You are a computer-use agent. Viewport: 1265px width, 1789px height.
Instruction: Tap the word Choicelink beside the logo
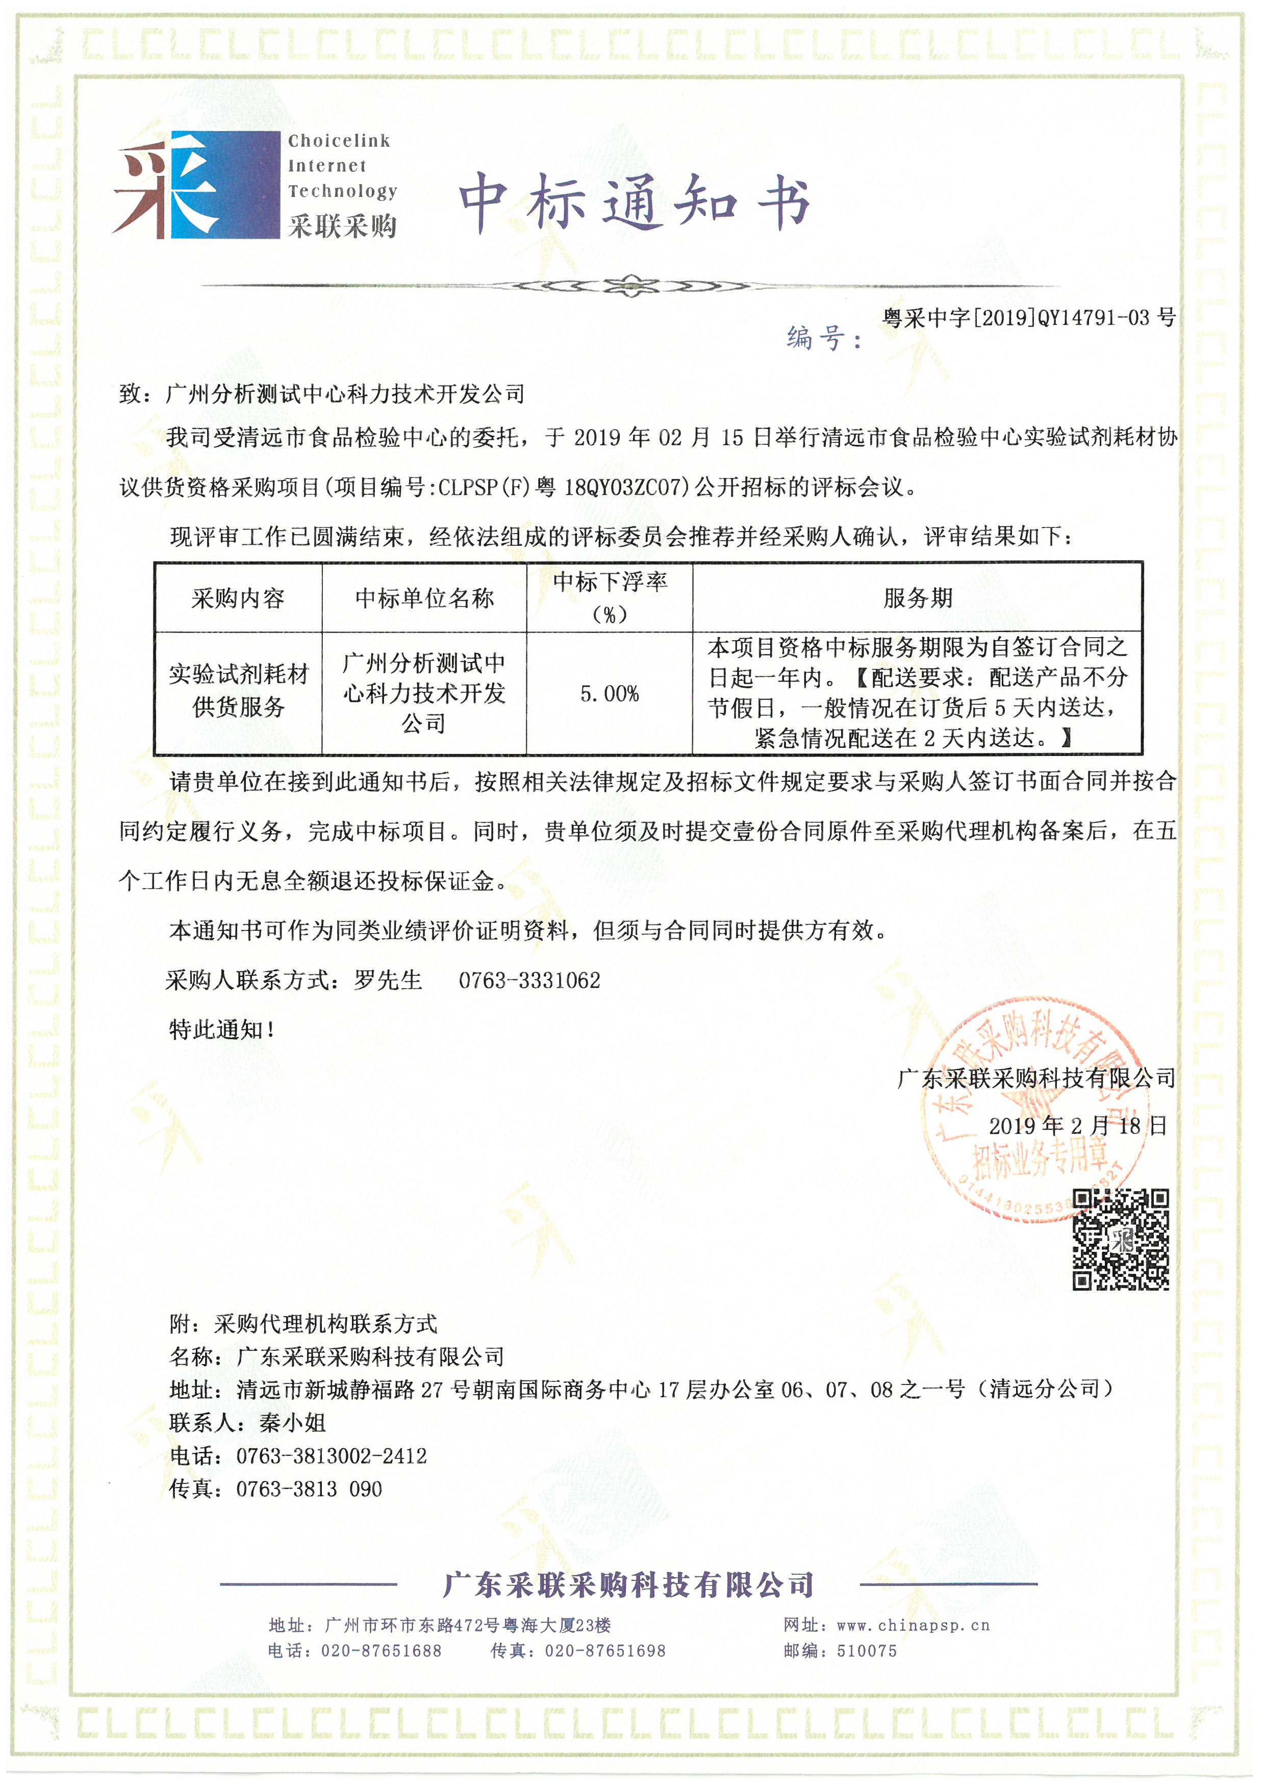pyautogui.click(x=339, y=141)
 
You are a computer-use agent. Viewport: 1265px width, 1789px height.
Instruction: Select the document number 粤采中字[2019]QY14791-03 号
pyautogui.click(x=1028, y=317)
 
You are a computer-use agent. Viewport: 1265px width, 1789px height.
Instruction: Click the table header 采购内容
pyautogui.click(x=238, y=598)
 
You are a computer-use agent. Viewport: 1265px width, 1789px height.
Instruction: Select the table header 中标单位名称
pyautogui.click(x=424, y=598)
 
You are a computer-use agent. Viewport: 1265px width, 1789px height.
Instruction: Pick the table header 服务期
pyautogui.click(x=918, y=598)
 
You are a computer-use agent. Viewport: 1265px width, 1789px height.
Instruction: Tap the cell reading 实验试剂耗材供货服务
pyautogui.click(x=238, y=690)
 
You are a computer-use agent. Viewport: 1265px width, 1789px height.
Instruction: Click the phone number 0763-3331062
pyautogui.click(x=529, y=980)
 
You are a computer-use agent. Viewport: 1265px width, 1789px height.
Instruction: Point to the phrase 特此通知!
pyautogui.click(x=222, y=1029)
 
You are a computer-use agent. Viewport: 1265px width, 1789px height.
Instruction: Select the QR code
pyautogui.click(x=1120, y=1239)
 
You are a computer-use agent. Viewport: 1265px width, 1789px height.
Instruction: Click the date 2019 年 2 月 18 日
pyautogui.click(x=1077, y=1125)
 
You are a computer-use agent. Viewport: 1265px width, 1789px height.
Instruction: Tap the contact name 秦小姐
pyautogui.click(x=292, y=1423)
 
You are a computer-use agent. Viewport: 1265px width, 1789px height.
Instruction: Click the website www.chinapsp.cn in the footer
pyautogui.click(x=913, y=1625)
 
